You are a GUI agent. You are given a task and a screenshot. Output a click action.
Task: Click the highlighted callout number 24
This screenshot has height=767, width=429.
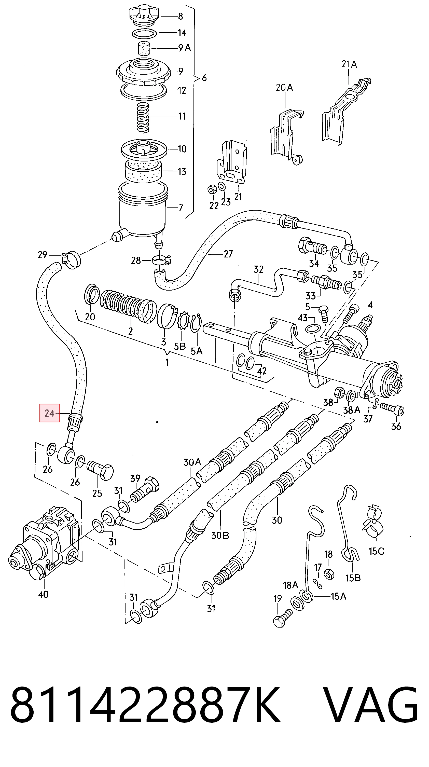49,413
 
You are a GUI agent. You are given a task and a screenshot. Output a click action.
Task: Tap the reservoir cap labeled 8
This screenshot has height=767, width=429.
144,16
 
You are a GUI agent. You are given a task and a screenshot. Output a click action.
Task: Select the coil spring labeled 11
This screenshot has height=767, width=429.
143,117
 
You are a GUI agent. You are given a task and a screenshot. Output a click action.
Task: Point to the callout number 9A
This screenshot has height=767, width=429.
184,48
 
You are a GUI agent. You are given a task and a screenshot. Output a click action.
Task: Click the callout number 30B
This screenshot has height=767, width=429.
220,536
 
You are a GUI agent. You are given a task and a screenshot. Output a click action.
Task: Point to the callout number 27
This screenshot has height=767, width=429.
228,254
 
